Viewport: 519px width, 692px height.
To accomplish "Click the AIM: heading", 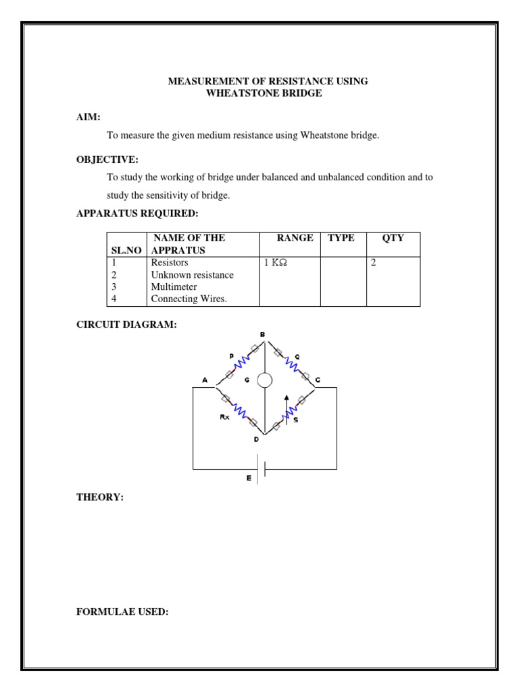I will click(x=88, y=117).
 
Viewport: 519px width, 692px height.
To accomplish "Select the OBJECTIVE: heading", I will click(x=107, y=159).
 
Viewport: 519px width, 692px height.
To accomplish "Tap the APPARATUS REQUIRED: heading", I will click(x=137, y=214).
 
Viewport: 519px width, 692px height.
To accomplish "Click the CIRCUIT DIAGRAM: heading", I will click(x=126, y=325).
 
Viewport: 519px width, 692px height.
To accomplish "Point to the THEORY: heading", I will click(x=99, y=497).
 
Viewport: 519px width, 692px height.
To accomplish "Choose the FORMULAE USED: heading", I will click(x=122, y=612).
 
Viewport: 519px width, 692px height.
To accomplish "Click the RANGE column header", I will click(x=295, y=238).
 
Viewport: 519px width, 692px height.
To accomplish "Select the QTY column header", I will click(x=393, y=238).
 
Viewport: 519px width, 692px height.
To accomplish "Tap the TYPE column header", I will click(x=341, y=238).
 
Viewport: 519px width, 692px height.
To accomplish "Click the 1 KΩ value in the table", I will click(x=276, y=262).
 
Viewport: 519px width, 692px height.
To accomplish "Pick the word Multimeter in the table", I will click(x=174, y=287).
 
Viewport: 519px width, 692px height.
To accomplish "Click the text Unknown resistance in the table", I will click(x=192, y=275).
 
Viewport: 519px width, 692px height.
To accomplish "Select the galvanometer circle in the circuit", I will click(x=264, y=380).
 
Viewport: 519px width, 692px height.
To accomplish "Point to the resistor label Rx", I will click(x=224, y=417).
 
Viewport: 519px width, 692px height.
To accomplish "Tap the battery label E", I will click(x=249, y=478).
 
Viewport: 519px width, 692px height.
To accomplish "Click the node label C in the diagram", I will click(x=318, y=380).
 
